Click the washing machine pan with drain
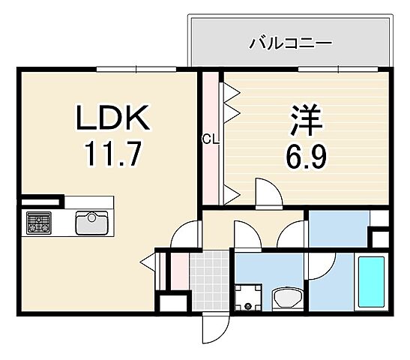point(248,297)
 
